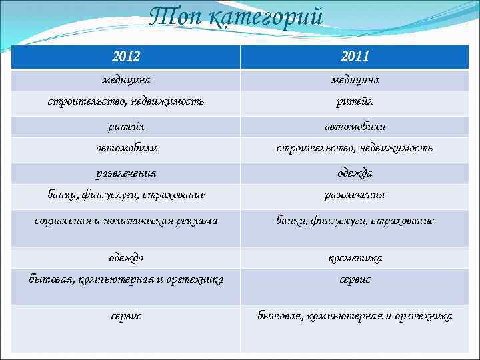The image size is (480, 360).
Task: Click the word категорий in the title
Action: tap(266, 17)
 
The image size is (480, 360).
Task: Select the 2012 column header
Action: tap(126, 57)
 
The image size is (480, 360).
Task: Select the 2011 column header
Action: tap(355, 57)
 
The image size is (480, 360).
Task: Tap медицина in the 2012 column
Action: tap(126, 80)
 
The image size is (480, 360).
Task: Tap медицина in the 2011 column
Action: tap(355, 80)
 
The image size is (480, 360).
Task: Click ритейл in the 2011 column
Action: tap(355, 102)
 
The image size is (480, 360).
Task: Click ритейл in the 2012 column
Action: tap(126, 126)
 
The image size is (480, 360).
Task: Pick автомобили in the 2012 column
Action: tap(126, 147)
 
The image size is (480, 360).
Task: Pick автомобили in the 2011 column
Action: tap(355, 126)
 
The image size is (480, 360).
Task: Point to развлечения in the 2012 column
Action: tap(126, 173)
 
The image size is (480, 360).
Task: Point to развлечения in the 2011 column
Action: tap(355, 195)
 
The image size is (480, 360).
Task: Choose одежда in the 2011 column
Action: tap(355, 173)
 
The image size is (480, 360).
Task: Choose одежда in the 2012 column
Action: tap(126, 257)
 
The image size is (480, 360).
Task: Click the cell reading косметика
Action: tap(355, 257)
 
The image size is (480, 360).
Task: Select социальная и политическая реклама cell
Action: tap(126, 220)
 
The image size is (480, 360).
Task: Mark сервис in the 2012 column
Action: tap(126, 315)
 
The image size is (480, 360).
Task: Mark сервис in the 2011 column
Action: tap(355, 279)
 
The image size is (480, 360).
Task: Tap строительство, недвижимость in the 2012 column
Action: tap(126, 102)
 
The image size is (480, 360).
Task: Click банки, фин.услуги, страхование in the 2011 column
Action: tap(355, 220)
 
